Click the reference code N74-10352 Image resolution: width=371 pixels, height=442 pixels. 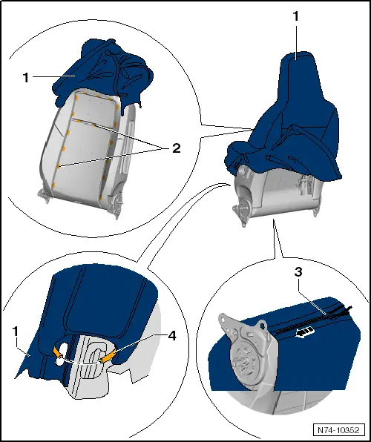tap(338, 429)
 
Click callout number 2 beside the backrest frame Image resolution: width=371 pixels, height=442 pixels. tap(176, 148)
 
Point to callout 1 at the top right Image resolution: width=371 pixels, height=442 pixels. tap(296, 15)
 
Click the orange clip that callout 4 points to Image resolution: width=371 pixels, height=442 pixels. tap(108, 357)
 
